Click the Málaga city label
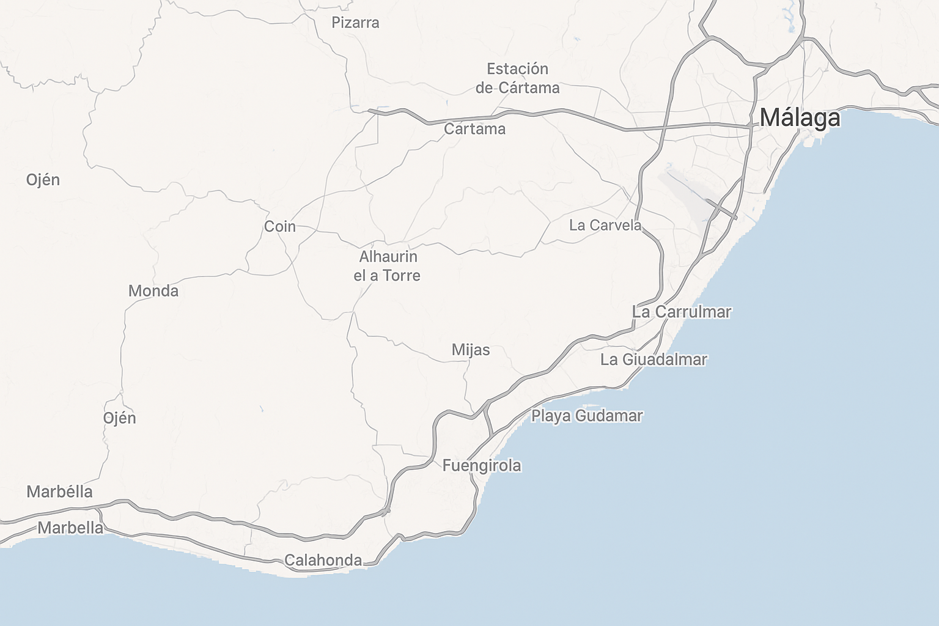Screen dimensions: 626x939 tap(800, 117)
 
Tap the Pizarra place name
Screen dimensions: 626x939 tap(355, 23)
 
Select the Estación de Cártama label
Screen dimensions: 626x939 tap(517, 78)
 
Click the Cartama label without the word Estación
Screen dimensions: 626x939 tap(474, 129)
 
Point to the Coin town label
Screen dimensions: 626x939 tap(280, 227)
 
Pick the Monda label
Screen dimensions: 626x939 tap(153, 291)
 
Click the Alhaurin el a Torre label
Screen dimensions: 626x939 tap(388, 266)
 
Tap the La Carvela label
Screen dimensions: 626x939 tap(605, 226)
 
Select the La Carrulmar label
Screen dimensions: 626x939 tap(681, 312)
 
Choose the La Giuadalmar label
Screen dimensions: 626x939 tap(654, 359)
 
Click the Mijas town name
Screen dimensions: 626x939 tap(471, 350)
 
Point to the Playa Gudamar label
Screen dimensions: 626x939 tap(587, 416)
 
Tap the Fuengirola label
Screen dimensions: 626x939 tap(482, 466)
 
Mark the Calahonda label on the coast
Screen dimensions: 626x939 tap(323, 560)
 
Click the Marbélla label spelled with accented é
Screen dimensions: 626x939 tap(59, 492)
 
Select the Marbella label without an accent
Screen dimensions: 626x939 tap(70, 528)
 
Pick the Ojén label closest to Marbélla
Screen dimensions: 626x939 tap(119, 418)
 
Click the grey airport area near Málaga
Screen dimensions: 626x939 tap(685, 196)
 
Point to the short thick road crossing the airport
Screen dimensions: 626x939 tap(721, 208)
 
